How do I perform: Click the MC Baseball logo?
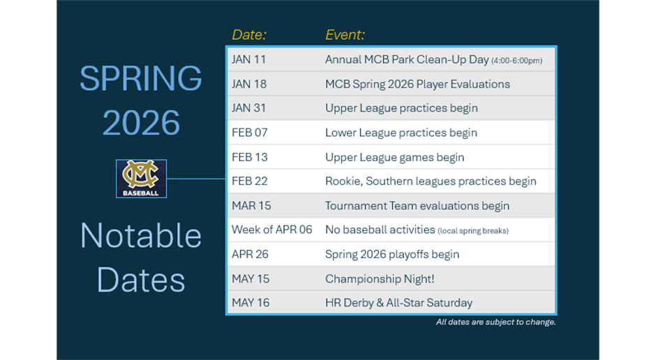tap(142, 179)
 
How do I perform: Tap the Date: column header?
tap(249, 35)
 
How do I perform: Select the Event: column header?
tap(345, 35)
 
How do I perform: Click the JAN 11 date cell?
tap(249, 59)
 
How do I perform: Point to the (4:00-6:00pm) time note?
tap(516, 61)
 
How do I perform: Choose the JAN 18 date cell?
tap(249, 84)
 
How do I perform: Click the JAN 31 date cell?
tap(249, 108)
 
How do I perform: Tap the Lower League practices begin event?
tap(401, 133)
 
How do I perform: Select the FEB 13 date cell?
tap(250, 157)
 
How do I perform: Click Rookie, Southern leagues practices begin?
tap(431, 181)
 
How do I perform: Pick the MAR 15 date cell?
tap(251, 206)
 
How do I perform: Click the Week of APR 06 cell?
tap(272, 230)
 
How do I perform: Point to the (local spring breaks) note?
tap(473, 231)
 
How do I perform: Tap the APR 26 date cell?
tap(250, 254)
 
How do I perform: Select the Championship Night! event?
tap(380, 279)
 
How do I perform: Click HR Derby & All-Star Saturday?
tap(399, 303)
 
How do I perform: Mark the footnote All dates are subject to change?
tap(495, 322)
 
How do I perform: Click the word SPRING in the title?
tap(141, 78)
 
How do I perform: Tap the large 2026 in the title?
tap(141, 123)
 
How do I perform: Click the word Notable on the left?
tap(141, 236)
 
